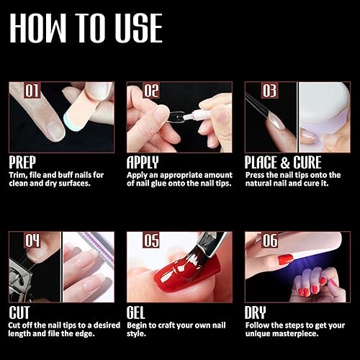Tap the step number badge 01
tap(32, 91)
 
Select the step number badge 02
tap(150, 91)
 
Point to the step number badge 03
tap(268, 91)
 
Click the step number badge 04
tap(32, 240)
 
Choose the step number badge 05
tap(150, 240)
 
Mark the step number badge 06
tap(268, 240)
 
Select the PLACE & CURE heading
tap(283, 162)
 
